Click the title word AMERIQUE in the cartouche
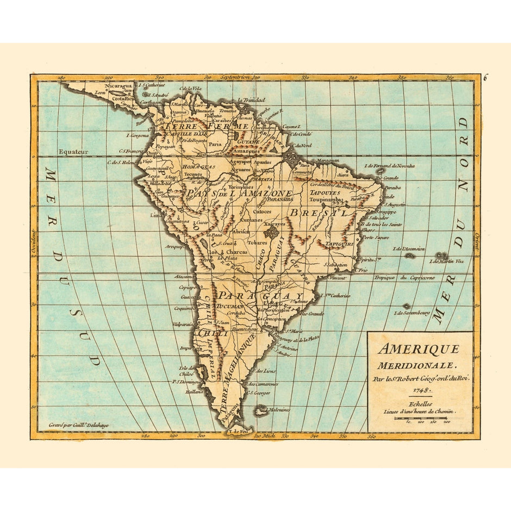pyautogui.click(x=419, y=349)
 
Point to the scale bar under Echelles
pyautogui.click(x=429, y=417)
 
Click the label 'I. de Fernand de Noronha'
pyautogui.click(x=389, y=166)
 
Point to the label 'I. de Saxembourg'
pyautogui.click(x=412, y=313)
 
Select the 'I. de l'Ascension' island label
pyautogui.click(x=410, y=249)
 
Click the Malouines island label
pyautogui.click(x=279, y=409)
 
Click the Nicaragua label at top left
pyautogui.click(x=119, y=86)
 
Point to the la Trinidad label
pyautogui.click(x=251, y=100)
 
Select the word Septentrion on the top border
pyautogui.click(x=235, y=78)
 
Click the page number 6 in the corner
pyautogui.click(x=485, y=77)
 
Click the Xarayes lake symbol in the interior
pyautogui.click(x=271, y=233)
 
